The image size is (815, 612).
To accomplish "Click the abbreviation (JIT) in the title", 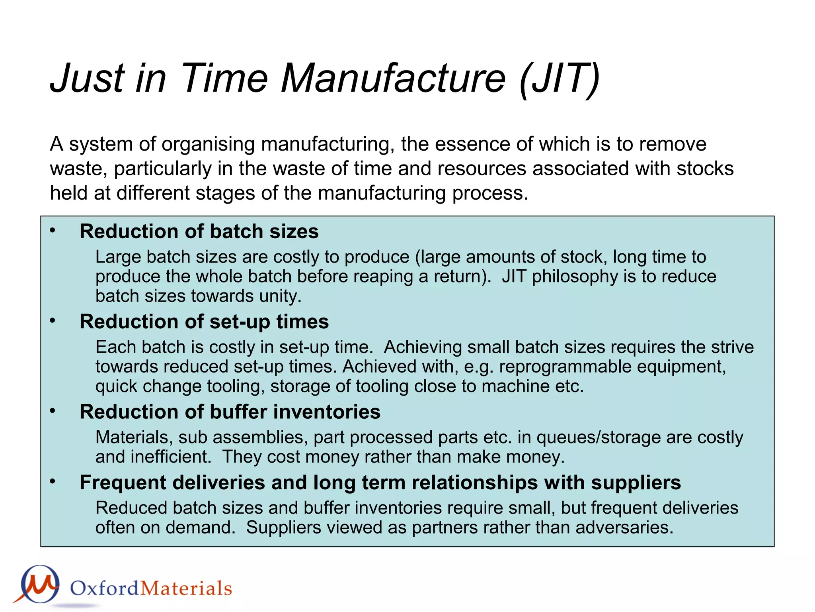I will point(559,78).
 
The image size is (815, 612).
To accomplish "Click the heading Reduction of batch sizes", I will point(199,231).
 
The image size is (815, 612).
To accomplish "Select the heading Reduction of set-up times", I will point(204,322).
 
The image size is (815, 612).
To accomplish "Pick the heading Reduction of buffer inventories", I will point(230,412).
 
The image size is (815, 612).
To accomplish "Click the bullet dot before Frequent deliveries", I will point(53,482).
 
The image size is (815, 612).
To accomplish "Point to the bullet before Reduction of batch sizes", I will point(53,231).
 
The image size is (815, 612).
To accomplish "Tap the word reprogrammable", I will point(565,367).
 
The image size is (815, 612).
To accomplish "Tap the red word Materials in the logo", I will point(186,588).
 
